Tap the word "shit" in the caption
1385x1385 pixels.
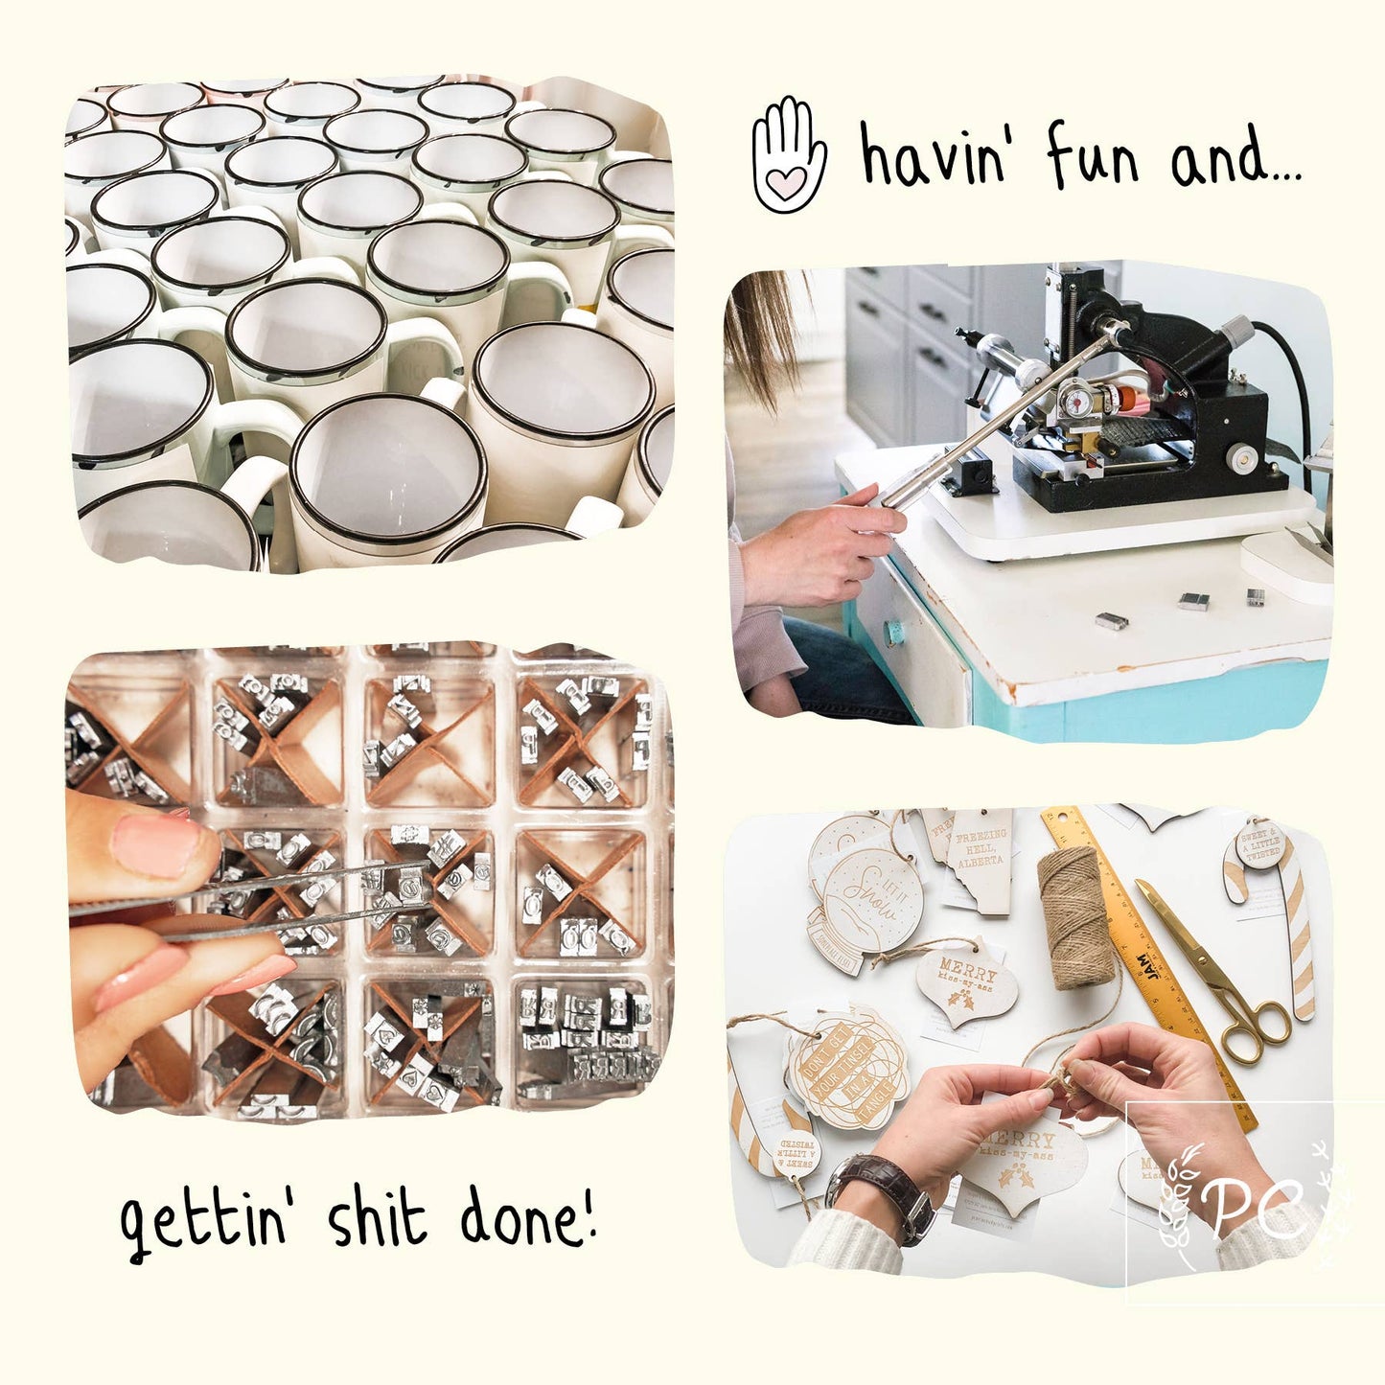point(376,1219)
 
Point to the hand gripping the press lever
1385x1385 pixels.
point(824,546)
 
